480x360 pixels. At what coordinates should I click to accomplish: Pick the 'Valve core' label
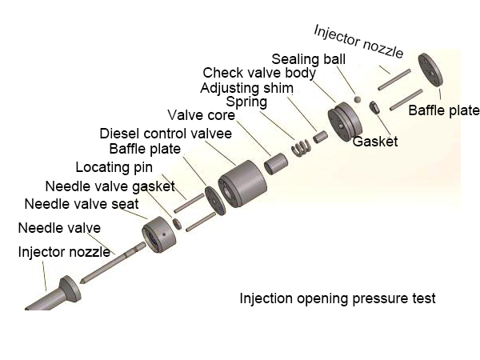[x=201, y=116]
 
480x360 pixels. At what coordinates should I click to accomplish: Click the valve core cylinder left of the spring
[x=276, y=162]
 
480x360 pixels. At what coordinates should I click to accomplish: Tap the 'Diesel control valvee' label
[x=166, y=133]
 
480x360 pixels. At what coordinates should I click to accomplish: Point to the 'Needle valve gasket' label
[x=110, y=186]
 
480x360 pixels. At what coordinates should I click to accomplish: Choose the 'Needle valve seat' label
[x=82, y=203]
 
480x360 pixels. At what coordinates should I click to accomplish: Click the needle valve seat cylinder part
[x=159, y=235]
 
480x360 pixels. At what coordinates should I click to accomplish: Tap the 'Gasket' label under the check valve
[x=375, y=142]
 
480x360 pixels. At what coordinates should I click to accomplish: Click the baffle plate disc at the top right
[x=431, y=71]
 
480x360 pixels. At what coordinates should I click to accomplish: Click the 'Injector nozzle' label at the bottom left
[x=64, y=252]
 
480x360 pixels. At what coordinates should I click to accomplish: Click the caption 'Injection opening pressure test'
[x=338, y=298]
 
